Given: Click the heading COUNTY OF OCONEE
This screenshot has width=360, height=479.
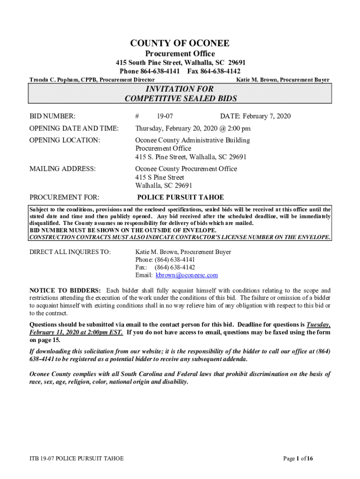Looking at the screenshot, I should point(180,44).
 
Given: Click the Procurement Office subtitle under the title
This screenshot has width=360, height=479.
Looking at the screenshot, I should point(180,54).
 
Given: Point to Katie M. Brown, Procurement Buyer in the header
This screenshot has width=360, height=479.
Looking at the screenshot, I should point(283,80).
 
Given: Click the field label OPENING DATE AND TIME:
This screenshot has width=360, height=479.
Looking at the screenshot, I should point(74,129).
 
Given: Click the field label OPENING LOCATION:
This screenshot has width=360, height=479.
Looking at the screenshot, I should point(65,140).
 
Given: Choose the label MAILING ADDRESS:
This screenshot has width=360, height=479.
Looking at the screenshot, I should point(63,169).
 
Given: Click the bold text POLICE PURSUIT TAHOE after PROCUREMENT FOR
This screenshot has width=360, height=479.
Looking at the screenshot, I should point(180,197).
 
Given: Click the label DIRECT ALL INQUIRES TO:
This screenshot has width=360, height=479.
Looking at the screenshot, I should point(70,252).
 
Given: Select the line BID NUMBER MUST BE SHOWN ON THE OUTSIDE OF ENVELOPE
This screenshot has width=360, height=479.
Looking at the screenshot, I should point(123,230).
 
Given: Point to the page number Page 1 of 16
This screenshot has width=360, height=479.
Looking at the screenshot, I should point(298,458).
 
